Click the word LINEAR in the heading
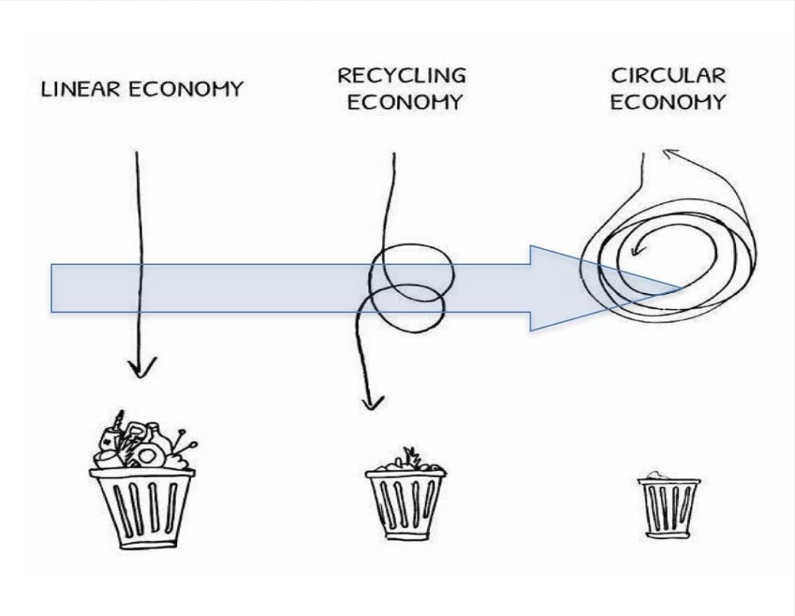coord(80,89)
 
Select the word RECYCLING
coord(401,75)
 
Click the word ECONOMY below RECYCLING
coord(405,102)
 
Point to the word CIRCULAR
coord(668,75)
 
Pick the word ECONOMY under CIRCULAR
coord(668,102)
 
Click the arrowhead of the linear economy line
coord(142,369)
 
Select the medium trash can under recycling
coord(405,504)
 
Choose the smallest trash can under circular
coord(669,507)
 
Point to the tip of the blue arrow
coord(681,288)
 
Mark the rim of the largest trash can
coord(142,474)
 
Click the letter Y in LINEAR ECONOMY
coord(235,89)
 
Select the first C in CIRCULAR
coord(618,75)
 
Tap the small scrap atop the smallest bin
coord(657,476)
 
